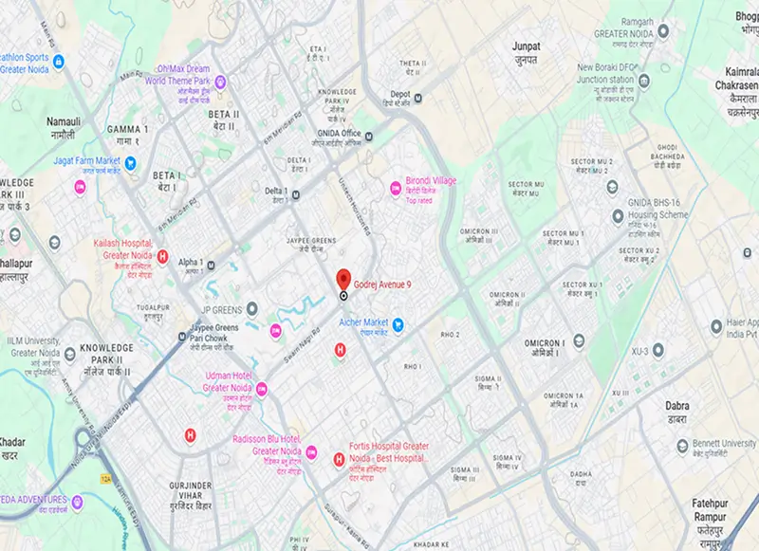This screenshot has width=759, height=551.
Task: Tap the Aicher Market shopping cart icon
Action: click(400, 324)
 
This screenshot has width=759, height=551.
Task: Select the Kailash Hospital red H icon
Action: click(162, 256)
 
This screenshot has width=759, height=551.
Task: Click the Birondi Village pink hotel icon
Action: click(396, 190)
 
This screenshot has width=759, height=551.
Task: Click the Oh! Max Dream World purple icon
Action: click(220, 82)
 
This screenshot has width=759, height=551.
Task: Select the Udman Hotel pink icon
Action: click(262, 389)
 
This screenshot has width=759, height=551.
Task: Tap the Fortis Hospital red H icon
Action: click(339, 460)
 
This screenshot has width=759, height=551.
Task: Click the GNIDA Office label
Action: click(339, 133)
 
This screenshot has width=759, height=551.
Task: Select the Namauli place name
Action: click(64, 122)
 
